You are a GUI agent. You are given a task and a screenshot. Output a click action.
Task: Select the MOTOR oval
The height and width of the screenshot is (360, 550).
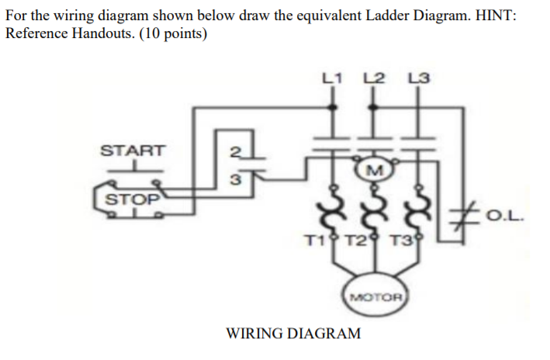tap(375, 296)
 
